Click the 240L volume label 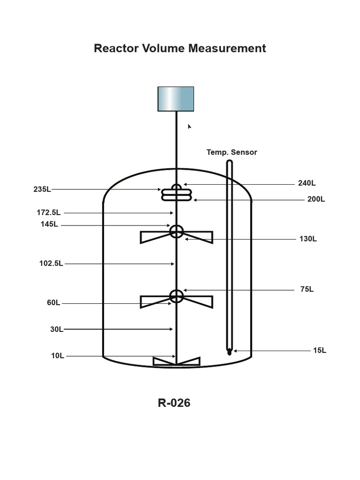[x=307, y=183]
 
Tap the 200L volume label [x=316, y=199]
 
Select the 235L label [x=42, y=189]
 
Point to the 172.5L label [x=49, y=213]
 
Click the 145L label [x=49, y=225]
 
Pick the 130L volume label [x=308, y=239]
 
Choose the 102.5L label [x=51, y=263]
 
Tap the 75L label [x=307, y=290]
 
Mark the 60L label [x=53, y=303]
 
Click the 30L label [x=57, y=330]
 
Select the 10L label [x=58, y=356]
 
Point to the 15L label [x=320, y=350]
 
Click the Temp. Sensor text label [x=232, y=152]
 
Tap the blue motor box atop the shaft [x=176, y=99]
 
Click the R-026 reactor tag [x=174, y=403]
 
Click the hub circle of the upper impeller [x=176, y=232]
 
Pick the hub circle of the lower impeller [x=176, y=296]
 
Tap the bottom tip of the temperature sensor [x=229, y=352]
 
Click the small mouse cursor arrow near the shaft [x=189, y=126]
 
